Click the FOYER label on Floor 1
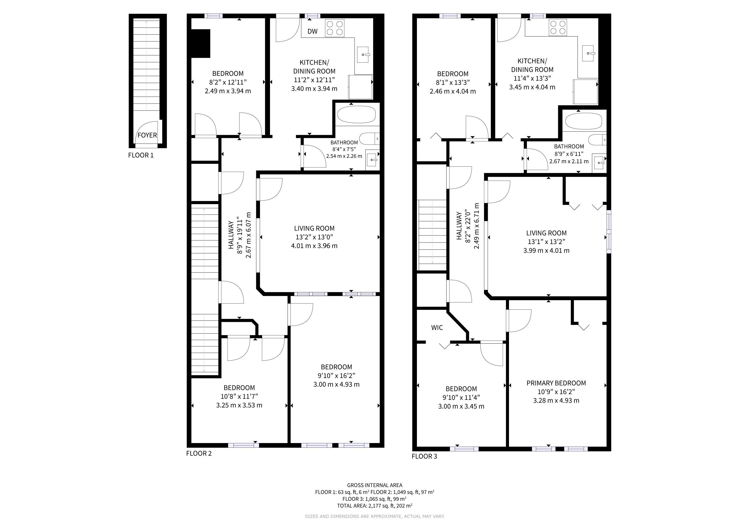[147, 135]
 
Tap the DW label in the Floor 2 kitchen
[312, 31]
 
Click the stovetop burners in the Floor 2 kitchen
[335, 28]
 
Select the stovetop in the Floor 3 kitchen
[558, 27]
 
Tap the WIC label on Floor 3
[437, 328]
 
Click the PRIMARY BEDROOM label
[556, 383]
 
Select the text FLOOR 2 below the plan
[199, 453]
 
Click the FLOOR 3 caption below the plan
[424, 456]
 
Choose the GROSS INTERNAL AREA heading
[374, 485]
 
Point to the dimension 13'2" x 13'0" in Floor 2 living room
[314, 237]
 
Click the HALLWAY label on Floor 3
[459, 226]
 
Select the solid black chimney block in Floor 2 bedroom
[200, 43]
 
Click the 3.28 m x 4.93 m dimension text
[556, 400]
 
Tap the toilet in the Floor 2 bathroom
[369, 139]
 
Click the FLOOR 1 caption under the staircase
[141, 155]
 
